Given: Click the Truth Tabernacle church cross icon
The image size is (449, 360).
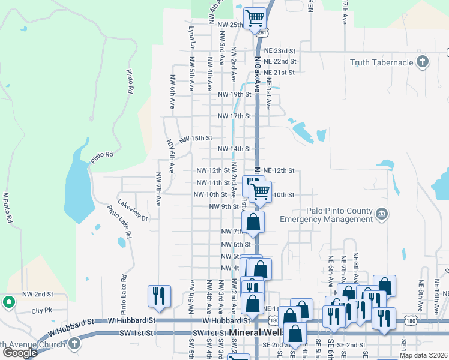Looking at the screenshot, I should pos(423,62).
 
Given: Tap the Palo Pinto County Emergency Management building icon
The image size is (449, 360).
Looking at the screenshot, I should pos(382,215).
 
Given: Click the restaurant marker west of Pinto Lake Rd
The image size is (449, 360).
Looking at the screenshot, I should pos(159,295).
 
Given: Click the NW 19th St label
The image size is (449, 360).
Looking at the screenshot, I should pos(234,95).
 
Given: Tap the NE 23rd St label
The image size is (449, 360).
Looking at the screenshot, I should pos(278,50).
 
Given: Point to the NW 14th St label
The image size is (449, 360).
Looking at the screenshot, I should pos(234,149).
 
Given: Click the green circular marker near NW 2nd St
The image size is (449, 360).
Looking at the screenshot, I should pos(9,302).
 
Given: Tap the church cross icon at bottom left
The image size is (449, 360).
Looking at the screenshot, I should pos(74,343).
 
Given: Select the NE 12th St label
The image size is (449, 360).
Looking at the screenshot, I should pos(279,170).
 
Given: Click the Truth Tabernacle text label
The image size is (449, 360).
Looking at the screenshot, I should pos(382,62).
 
